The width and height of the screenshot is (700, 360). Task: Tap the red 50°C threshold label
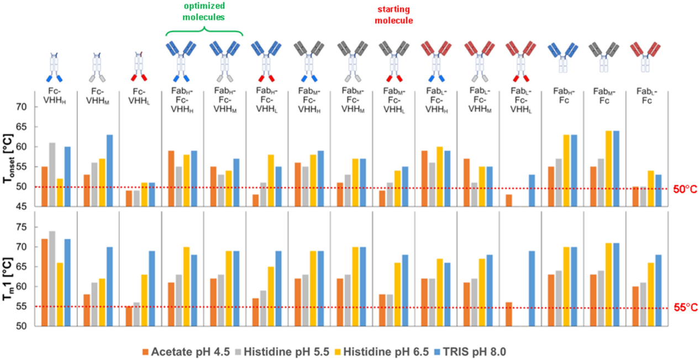pyautogui.click(x=684, y=189)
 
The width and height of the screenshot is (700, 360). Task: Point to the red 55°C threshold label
pyautogui.click(x=684, y=309)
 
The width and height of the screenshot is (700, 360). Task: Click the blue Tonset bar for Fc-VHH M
pyautogui.click(x=109, y=171)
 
